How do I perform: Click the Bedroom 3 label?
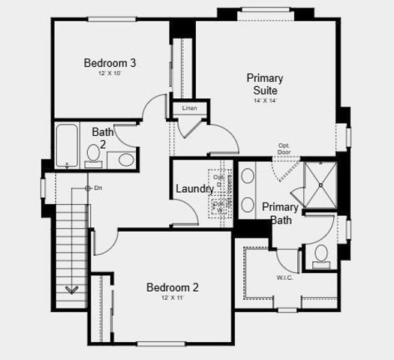click(x=110, y=63)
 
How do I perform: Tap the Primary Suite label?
click(x=265, y=84)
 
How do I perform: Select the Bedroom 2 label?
click(x=172, y=287)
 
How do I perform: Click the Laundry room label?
click(x=194, y=189)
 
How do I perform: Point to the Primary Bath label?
click(x=281, y=213)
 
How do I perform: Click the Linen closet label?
click(x=189, y=109)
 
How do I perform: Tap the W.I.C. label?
click(x=284, y=277)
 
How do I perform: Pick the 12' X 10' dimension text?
click(x=110, y=74)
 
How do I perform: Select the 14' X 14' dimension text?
click(x=265, y=101)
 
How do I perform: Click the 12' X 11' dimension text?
click(x=172, y=298)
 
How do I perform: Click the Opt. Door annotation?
click(x=284, y=149)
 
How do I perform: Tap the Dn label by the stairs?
click(x=98, y=187)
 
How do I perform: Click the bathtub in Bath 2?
click(x=68, y=145)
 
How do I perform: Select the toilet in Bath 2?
click(x=94, y=154)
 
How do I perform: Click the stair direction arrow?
click(x=73, y=289)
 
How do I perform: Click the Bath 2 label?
click(x=103, y=138)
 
